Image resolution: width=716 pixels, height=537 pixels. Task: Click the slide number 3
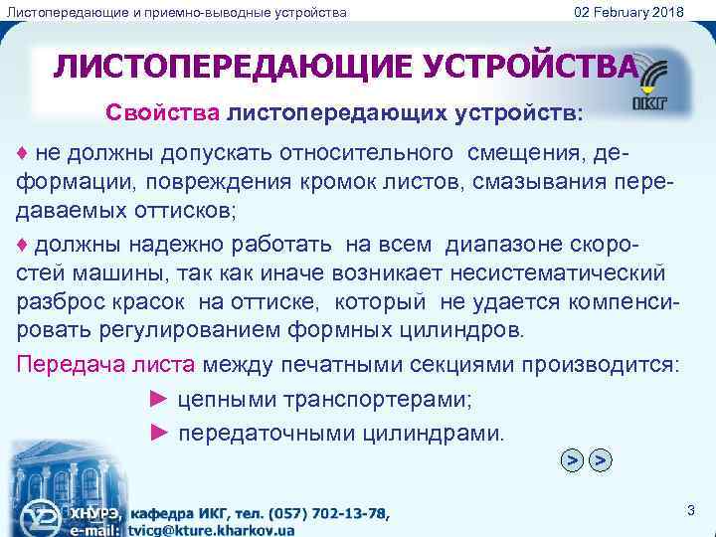click(x=690, y=510)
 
